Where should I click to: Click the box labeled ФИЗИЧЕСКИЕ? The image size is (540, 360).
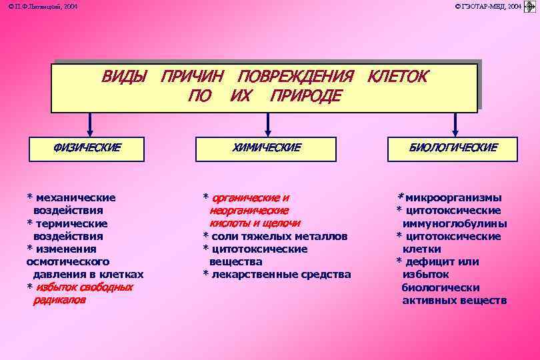pos(87,148)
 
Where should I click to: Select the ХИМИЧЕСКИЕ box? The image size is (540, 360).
pos(267,148)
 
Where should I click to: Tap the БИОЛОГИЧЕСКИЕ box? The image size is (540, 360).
pos(453,148)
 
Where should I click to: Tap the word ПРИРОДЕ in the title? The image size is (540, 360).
pos(305,96)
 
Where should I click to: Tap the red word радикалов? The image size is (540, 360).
pos(59,300)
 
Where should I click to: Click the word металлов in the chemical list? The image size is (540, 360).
pos(321,236)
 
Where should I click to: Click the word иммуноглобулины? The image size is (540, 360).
pos(455,223)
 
